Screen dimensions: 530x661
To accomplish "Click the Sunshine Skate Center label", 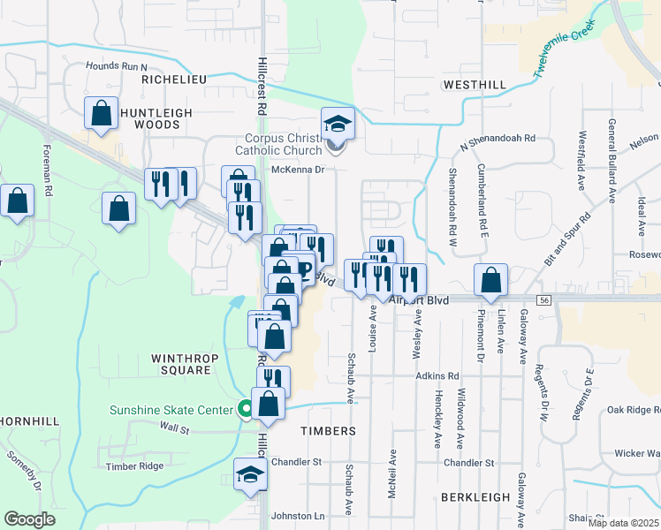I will pos(170,409).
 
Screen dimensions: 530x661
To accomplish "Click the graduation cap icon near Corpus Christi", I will pos(337,123).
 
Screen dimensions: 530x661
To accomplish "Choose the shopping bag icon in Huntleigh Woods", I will pos(101,113).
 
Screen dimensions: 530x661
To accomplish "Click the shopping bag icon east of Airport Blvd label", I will pos(490,279).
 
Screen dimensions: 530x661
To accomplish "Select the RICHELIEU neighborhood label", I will pos(173,79).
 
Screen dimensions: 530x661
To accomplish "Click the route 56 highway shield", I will pos(543,300).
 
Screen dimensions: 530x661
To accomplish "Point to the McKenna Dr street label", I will pos(299,170).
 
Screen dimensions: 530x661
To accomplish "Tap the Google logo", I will pos(29,519).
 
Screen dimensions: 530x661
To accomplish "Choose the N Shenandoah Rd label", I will pos(497,139).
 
